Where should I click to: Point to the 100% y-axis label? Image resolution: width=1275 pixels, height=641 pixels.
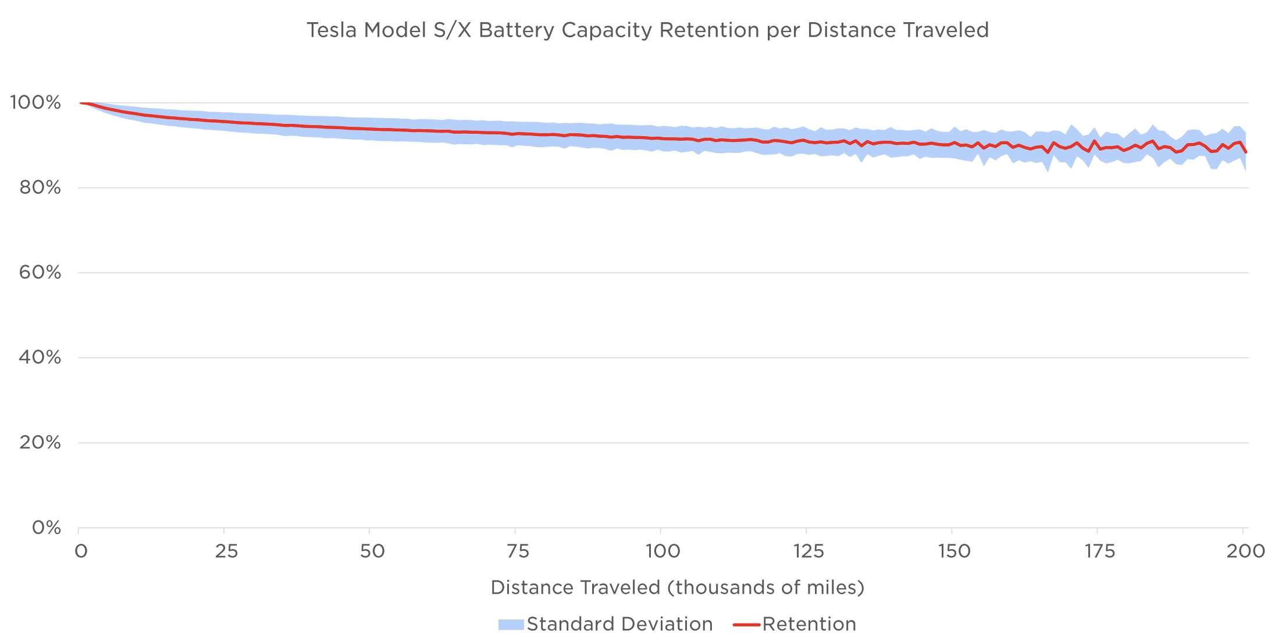point(35,103)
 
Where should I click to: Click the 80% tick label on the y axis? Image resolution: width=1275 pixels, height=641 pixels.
point(40,188)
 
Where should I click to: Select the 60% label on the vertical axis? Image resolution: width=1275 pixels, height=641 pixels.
point(40,272)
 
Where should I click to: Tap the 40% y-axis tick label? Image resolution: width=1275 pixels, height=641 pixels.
point(40,357)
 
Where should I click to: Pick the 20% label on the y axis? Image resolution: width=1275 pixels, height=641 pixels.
point(40,443)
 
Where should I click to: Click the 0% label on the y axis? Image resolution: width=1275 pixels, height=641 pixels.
point(47,528)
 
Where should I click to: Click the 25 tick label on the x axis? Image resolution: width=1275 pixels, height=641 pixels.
point(226,551)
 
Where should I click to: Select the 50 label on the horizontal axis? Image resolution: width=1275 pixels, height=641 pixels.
point(372,551)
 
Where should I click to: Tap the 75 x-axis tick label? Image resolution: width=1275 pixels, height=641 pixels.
point(518,551)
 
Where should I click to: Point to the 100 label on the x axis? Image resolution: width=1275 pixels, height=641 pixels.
point(663,551)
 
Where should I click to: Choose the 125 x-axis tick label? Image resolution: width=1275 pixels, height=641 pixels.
point(809,551)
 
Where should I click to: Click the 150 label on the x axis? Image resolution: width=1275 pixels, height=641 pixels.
point(954,551)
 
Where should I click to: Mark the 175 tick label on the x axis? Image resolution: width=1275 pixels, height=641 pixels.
point(1099,551)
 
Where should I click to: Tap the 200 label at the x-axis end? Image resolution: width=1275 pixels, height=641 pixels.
point(1245,551)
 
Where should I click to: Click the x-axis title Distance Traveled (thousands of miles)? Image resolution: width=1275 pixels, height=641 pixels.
point(678,587)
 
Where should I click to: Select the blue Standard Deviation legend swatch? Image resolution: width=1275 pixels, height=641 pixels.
point(511,625)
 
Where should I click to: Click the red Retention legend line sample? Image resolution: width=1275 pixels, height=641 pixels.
point(746,625)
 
